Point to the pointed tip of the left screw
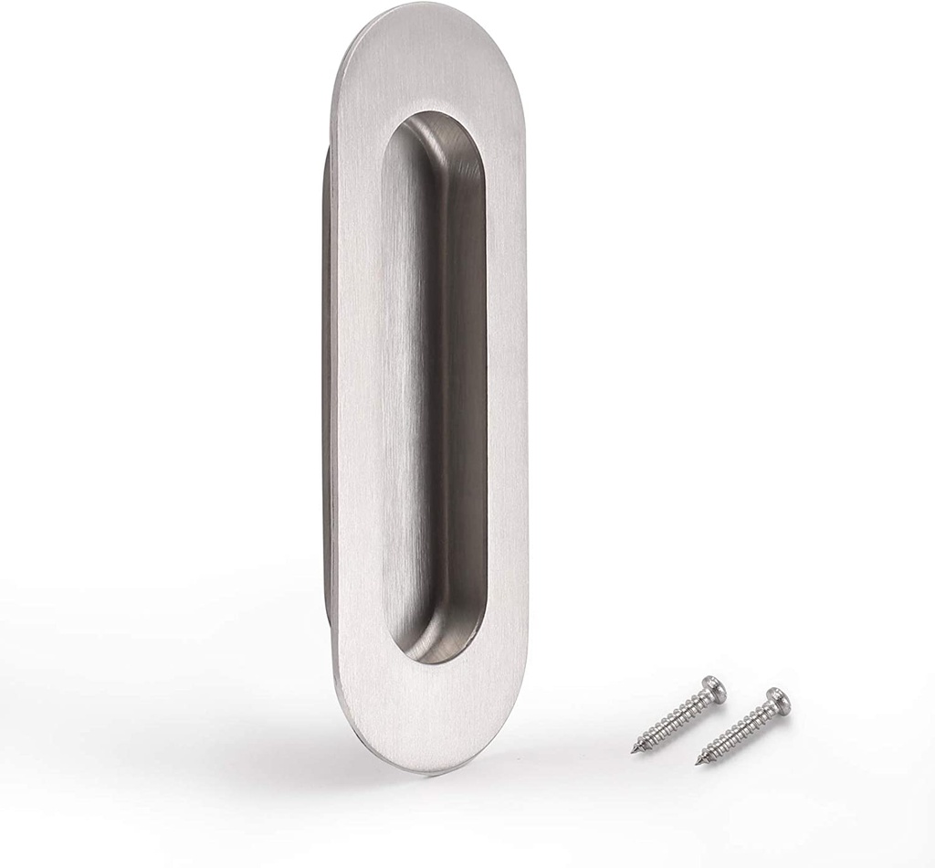click(634, 751)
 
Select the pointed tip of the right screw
click(699, 761)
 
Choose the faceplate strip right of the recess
click(507, 384)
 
